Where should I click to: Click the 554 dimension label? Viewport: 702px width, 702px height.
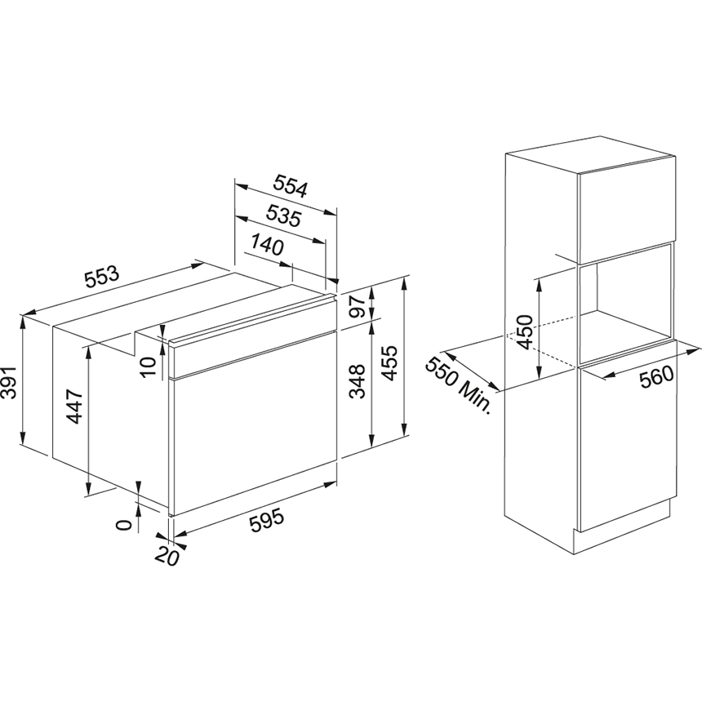(291, 186)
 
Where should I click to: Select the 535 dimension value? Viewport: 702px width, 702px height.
(284, 215)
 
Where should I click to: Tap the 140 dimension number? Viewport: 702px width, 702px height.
(267, 244)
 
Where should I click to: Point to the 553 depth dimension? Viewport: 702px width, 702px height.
(102, 277)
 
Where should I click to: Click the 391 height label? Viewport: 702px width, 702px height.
(9, 382)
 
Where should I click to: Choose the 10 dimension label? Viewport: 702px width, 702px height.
(149, 367)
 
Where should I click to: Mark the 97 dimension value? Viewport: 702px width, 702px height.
(358, 307)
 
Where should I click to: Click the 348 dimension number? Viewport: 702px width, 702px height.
(358, 381)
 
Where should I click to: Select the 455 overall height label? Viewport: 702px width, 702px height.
(389, 362)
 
